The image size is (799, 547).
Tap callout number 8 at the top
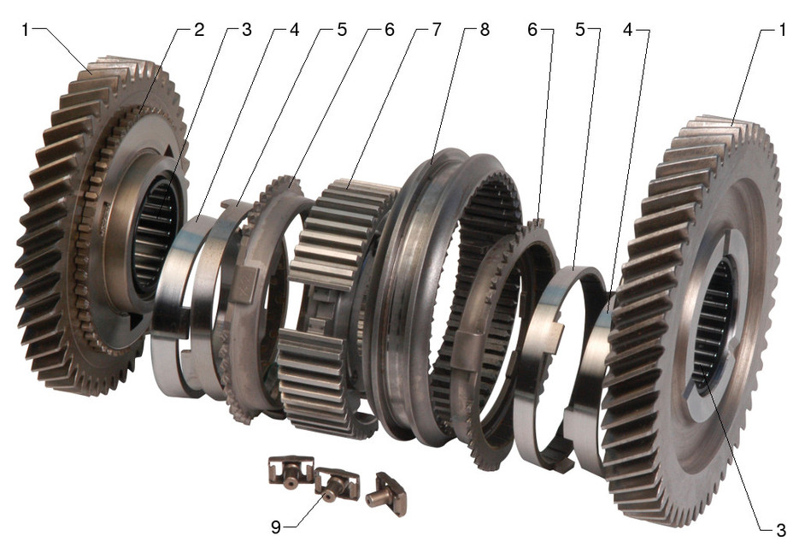tap(485, 30)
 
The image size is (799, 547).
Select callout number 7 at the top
tap(437, 30)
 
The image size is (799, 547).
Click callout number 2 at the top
tap(198, 30)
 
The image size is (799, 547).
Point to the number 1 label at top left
tap(26, 30)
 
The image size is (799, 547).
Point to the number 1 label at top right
tap(781, 30)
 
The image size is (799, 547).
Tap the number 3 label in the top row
tap(246, 30)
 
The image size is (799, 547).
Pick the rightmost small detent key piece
tap(385, 494)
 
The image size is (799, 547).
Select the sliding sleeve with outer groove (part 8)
tap(410, 282)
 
